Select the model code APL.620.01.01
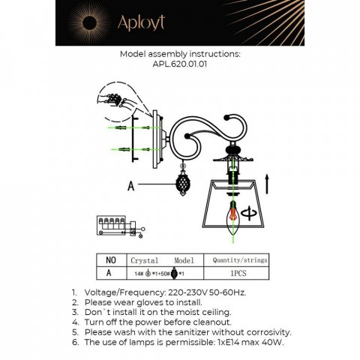[180, 64]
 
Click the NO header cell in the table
[110, 256]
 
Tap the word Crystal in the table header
[144, 256]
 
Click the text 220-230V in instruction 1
[191, 294]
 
